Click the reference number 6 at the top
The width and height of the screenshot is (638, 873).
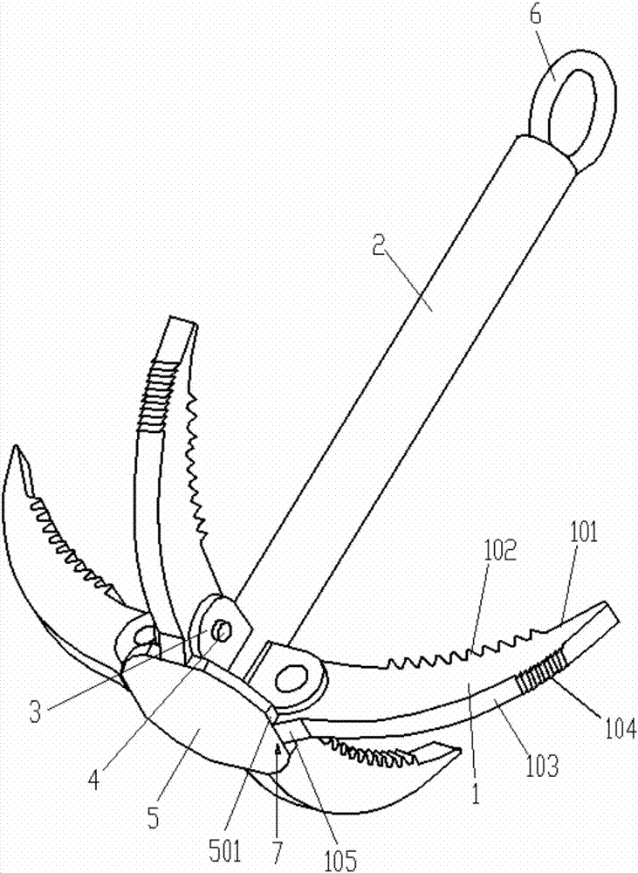(535, 15)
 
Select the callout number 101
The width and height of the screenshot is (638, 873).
(583, 532)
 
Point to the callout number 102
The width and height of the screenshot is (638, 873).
(500, 549)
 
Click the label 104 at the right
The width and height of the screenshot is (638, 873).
(621, 728)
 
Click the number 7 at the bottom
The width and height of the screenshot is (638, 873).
(277, 851)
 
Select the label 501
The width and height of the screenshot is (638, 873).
(225, 851)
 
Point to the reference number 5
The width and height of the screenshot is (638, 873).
(153, 819)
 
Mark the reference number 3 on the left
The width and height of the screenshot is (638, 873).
(36, 712)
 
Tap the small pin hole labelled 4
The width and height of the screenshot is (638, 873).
(223, 631)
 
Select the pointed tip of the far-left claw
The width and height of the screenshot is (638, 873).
(16, 447)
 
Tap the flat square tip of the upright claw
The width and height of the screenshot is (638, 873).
(183, 322)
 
